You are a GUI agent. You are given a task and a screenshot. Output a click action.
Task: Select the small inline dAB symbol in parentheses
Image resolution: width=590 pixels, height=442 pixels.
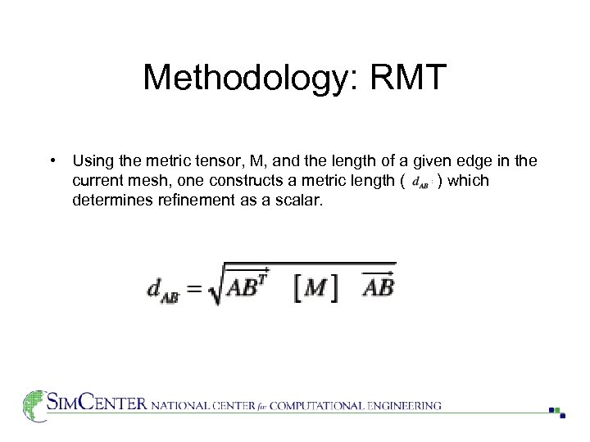420,182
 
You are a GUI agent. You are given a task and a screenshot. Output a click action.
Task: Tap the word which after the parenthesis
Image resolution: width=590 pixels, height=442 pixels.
469,181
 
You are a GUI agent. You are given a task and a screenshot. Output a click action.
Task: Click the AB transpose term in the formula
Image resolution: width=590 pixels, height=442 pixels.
251,286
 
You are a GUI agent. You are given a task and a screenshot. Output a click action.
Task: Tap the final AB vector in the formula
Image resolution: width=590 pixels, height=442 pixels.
378,286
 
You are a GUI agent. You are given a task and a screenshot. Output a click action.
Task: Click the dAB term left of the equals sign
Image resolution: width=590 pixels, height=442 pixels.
164,290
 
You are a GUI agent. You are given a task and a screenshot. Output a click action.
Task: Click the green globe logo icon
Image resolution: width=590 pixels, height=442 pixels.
34,404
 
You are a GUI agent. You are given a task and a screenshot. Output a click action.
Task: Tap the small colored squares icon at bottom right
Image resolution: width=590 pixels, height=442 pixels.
557,411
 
